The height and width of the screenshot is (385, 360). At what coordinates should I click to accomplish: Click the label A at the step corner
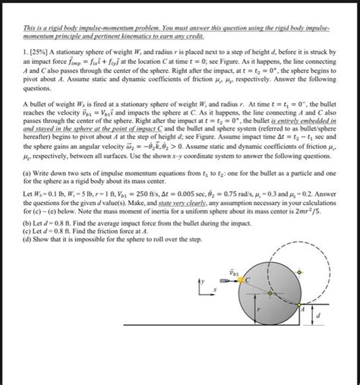click(302, 309)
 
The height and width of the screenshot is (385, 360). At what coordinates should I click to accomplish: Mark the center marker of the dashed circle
click(300, 271)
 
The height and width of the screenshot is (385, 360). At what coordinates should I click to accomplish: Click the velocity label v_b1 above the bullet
click(233, 270)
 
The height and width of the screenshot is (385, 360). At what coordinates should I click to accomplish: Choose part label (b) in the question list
click(27, 222)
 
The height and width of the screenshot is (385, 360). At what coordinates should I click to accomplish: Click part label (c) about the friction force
click(27, 230)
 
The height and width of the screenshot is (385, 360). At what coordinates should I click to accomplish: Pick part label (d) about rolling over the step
click(27, 238)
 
